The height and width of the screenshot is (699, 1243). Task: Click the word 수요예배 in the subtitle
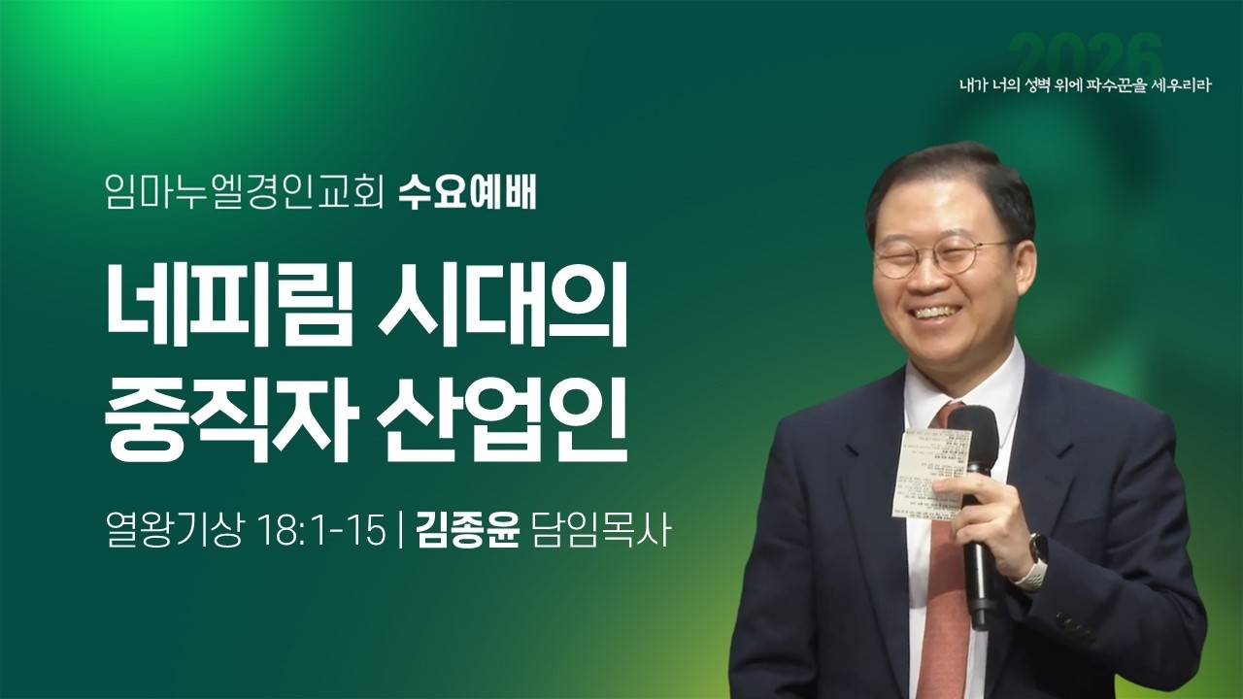click(x=468, y=194)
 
